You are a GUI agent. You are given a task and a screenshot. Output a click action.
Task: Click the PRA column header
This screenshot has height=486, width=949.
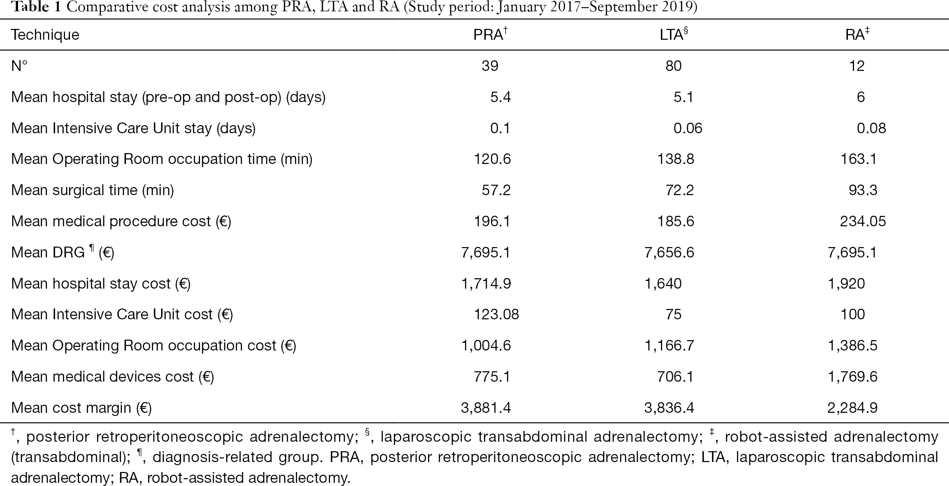coord(490,34)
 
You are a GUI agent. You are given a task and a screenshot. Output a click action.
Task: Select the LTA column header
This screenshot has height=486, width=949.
coord(674,34)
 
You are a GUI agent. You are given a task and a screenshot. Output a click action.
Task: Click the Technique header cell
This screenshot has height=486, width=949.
coord(45,35)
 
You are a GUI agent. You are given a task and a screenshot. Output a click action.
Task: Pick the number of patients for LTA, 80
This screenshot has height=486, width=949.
coord(673,66)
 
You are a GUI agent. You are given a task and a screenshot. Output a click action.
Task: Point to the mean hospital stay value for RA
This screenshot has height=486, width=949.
coord(861,97)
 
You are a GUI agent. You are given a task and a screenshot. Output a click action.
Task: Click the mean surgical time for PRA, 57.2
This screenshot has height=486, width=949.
coord(496,190)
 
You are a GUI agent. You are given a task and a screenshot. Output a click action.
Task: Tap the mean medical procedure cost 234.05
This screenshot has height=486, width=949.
coord(863,221)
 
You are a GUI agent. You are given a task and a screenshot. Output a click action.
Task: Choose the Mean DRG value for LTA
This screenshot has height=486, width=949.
coord(669,252)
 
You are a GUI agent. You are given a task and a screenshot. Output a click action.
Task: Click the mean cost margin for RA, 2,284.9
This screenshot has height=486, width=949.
coord(852,408)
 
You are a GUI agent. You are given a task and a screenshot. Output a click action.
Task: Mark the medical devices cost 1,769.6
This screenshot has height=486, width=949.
coord(852,377)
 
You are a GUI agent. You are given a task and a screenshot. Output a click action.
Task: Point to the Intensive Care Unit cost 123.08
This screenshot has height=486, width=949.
coord(496,314)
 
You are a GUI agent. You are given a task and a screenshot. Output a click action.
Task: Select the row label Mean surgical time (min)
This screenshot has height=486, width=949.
coord(93,190)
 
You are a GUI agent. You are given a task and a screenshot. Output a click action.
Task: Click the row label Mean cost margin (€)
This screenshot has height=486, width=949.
coord(81,408)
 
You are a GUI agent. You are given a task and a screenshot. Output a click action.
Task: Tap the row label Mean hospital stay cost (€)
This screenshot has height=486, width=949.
coord(101,284)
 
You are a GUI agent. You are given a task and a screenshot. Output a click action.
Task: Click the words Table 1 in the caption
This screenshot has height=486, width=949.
coord(32,8)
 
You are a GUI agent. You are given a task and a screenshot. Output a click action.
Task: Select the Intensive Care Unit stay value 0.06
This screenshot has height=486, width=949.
coord(688,128)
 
